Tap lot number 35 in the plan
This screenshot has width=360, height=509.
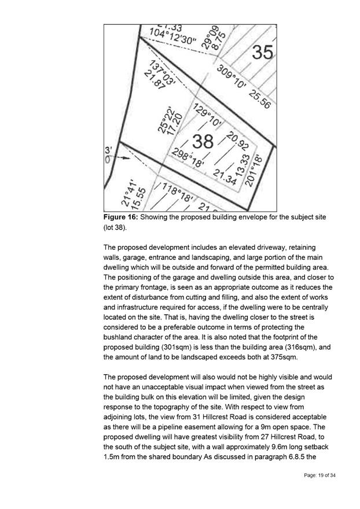pos(262,53)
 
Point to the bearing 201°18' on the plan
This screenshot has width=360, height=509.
pos(259,168)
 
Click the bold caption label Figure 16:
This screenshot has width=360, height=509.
pos(122,216)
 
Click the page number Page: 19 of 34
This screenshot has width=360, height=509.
pos(319,475)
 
